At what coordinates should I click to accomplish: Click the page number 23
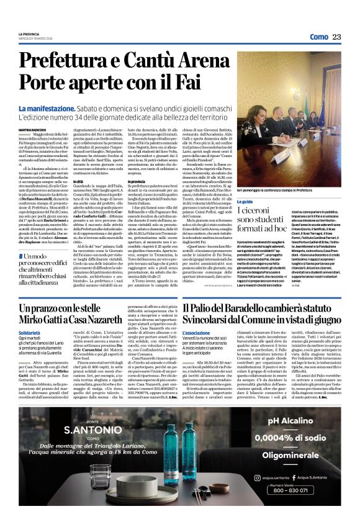(x=336, y=37)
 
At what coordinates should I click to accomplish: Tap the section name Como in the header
(x=318, y=37)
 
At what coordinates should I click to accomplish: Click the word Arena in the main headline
(x=197, y=61)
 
